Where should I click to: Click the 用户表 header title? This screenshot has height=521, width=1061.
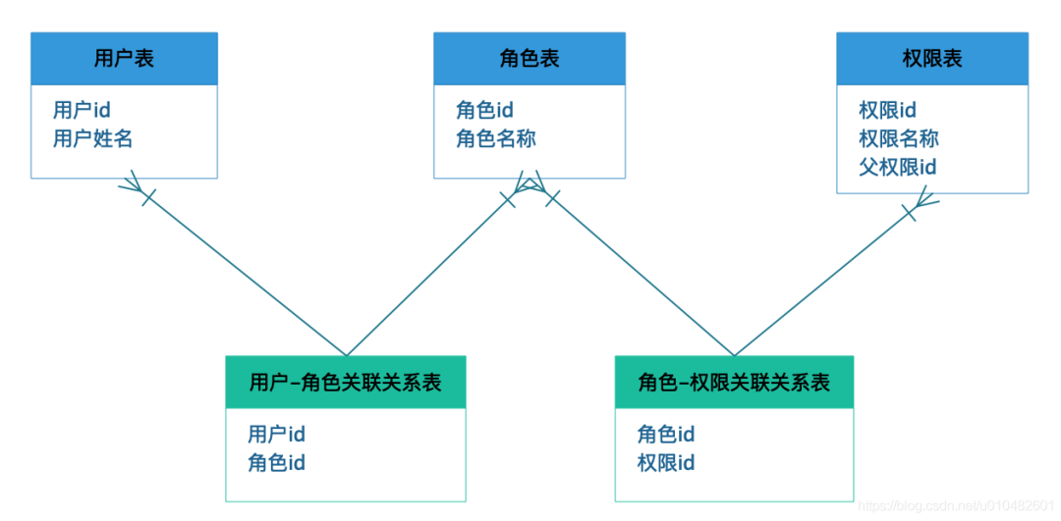[124, 58]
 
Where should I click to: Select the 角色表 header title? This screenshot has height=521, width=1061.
[530, 58]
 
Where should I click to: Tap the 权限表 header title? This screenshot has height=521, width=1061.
[931, 58]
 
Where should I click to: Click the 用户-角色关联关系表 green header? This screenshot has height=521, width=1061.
[345, 382]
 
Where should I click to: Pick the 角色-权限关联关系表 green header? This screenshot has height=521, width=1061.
[734, 382]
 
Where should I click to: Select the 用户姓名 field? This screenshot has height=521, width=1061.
[93, 138]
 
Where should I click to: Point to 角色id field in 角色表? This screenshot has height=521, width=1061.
[485, 110]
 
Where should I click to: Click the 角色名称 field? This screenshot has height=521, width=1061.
[496, 138]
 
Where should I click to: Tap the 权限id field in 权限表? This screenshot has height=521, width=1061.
[887, 110]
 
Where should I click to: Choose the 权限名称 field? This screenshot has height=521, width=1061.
[899, 138]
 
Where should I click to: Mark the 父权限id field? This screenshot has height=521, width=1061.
[898, 167]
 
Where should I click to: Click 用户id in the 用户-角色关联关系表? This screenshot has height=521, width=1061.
[276, 434]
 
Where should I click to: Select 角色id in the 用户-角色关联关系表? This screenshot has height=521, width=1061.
[276, 462]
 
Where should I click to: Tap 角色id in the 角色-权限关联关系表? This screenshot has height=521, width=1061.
[666, 434]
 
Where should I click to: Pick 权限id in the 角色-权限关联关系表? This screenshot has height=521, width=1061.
[666, 462]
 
